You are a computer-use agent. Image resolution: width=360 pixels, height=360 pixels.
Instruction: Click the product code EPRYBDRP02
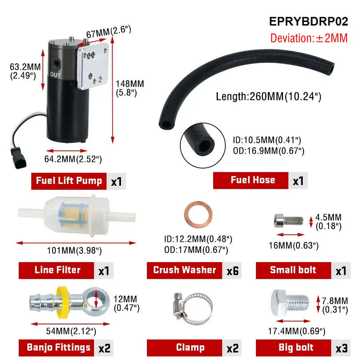pyautogui.click(x=309, y=22)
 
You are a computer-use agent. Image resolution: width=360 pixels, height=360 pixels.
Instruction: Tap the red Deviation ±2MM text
pyautogui.click(x=309, y=38)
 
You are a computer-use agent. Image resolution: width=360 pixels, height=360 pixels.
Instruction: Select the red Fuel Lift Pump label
pyautogui.click(x=69, y=181)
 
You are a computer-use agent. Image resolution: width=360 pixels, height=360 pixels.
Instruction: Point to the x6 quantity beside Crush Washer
pyautogui.click(x=232, y=270)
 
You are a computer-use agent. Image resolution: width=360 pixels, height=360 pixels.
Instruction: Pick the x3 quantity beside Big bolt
pyautogui.click(x=341, y=348)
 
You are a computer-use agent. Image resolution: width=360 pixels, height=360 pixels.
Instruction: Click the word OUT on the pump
pyautogui.click(x=55, y=75)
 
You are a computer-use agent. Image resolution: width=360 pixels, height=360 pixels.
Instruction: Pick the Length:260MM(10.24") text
pyautogui.click(x=268, y=96)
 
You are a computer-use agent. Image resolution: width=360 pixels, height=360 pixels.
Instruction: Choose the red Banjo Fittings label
pyautogui.click(x=58, y=348)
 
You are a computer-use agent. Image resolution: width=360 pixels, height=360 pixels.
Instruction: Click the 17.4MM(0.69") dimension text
pyautogui.click(x=297, y=331)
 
